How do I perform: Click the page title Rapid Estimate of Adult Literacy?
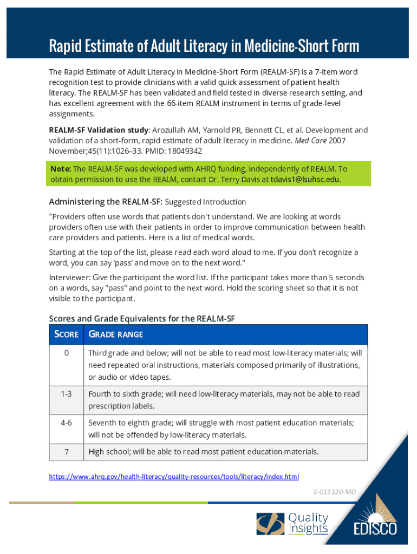click(204, 45)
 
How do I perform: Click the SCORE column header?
click(67, 334)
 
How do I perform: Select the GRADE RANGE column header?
click(115, 334)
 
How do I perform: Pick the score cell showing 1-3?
click(66, 394)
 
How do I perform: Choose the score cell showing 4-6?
click(66, 423)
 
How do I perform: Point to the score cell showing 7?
click(66, 451)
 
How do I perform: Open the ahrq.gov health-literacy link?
click(174, 477)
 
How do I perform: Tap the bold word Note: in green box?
click(61, 168)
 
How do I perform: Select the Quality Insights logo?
click(292, 524)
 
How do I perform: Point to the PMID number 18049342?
click(185, 151)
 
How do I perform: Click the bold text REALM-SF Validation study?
click(99, 130)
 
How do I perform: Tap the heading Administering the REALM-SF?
click(105, 202)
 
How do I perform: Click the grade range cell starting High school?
click(203, 451)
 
